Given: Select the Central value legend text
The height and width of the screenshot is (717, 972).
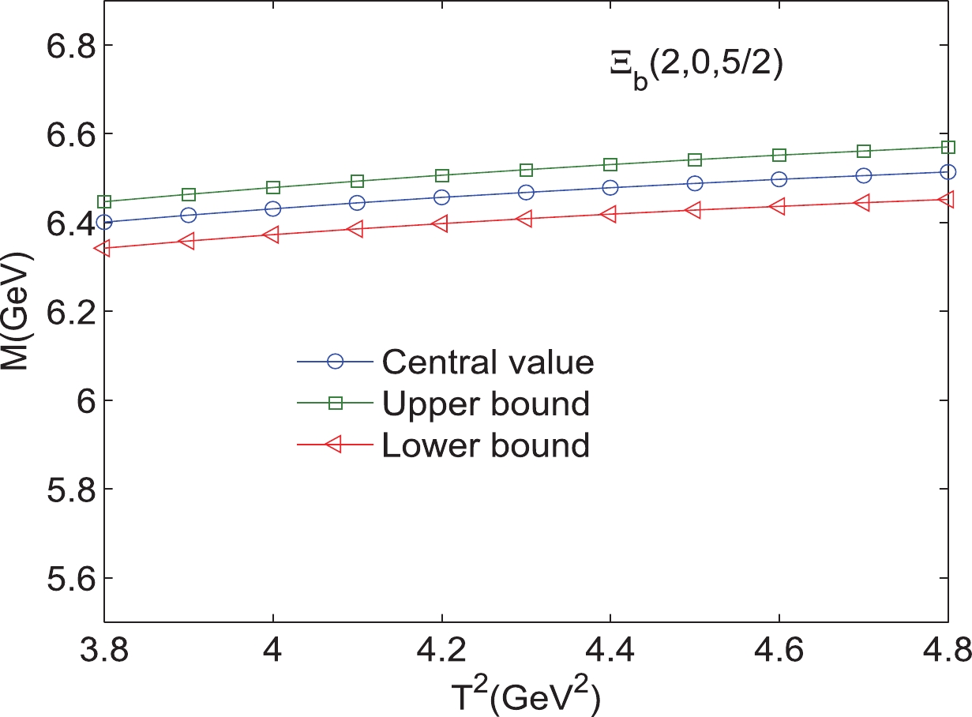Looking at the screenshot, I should tap(486, 362).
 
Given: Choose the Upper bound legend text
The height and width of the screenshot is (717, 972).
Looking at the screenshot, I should tap(485, 404).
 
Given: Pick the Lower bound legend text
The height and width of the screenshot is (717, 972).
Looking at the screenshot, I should tap(485, 445).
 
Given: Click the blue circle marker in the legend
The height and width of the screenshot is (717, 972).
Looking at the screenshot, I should tap(336, 362).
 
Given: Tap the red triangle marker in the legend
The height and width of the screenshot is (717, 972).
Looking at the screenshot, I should tap(335, 445).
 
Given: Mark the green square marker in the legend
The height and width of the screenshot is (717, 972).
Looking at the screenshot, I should tap(336, 404).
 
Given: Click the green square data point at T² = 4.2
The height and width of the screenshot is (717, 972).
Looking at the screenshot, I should tap(442, 175).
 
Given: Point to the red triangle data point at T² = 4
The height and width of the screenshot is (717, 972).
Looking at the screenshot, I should tap(272, 235).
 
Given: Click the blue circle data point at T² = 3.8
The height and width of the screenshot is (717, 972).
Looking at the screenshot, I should tap(104, 222).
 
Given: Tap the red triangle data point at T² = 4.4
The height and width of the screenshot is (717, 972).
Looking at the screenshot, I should tap(610, 214).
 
